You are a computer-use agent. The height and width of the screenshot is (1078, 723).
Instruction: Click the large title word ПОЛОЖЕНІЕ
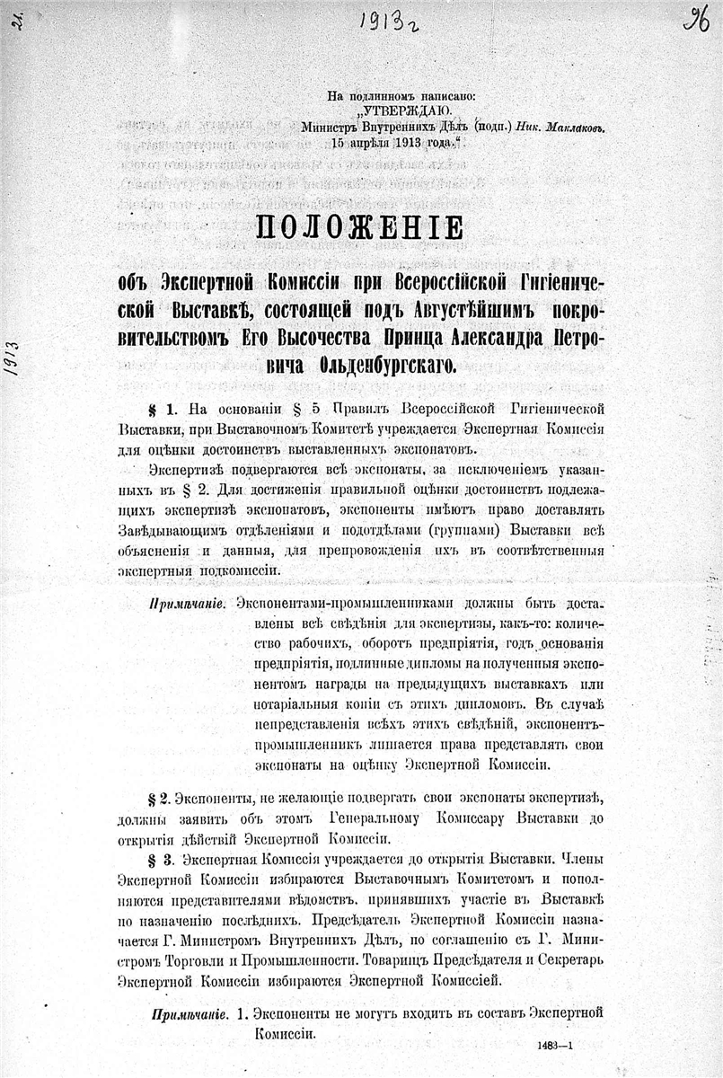pos(361,227)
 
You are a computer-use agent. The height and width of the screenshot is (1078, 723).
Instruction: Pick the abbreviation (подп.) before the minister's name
pos(492,128)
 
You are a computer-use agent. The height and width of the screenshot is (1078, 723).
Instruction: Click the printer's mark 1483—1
pos(556,1046)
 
